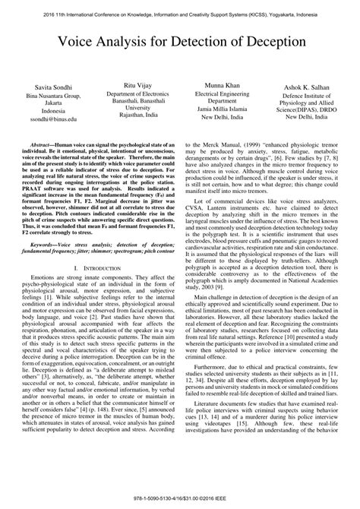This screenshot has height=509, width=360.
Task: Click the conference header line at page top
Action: [180, 14]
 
